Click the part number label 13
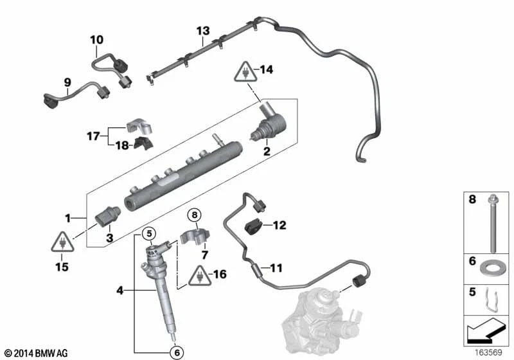(203, 31)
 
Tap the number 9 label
(66, 82)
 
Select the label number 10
(96, 40)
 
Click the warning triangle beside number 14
(246, 71)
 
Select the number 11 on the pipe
(276, 268)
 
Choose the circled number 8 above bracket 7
(195, 215)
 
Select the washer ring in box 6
(492, 264)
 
